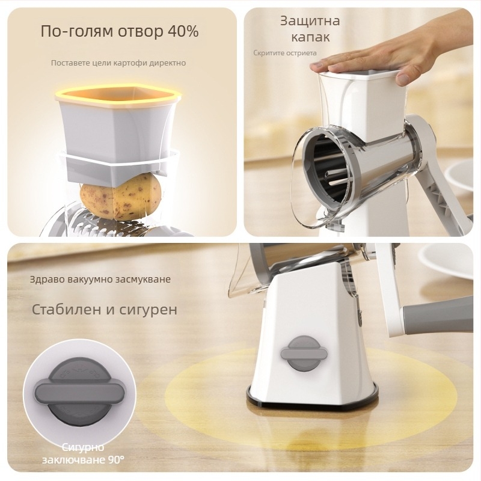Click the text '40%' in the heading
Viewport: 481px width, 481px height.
coord(183,31)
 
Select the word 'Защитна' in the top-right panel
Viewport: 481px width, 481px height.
coord(310,21)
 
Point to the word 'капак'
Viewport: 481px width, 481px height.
coord(310,37)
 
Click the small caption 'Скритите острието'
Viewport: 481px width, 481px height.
coord(284,53)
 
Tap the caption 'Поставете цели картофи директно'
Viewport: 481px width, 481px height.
coord(118,63)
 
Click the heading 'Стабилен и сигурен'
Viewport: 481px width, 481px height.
coord(104,310)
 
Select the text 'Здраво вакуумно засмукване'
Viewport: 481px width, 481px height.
coord(100,280)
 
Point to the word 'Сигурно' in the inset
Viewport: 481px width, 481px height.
coord(83,447)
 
